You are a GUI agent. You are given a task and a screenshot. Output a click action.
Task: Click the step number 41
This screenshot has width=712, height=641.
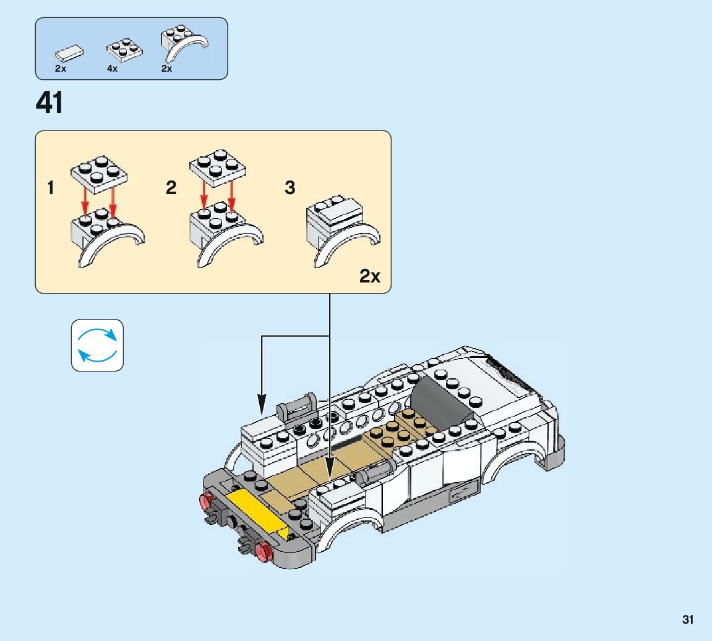tap(50, 103)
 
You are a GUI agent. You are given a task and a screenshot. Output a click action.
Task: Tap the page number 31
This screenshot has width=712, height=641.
tap(688, 619)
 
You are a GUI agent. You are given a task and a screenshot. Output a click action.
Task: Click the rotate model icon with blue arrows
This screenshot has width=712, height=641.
tap(97, 345)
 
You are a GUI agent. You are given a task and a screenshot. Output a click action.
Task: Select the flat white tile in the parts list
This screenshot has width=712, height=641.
tap(68, 53)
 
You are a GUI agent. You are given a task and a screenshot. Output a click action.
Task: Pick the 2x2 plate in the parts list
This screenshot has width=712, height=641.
tap(123, 51)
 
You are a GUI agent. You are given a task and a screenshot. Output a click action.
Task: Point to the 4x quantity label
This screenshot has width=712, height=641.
tap(112, 69)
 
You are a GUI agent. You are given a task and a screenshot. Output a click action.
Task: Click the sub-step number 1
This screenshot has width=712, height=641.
tap(51, 188)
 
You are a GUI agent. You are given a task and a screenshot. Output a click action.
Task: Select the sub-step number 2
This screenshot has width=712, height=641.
tap(171, 188)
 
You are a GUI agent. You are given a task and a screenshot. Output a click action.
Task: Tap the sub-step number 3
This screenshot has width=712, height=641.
tap(290, 188)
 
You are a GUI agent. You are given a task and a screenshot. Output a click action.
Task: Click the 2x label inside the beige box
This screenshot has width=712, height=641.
tap(370, 276)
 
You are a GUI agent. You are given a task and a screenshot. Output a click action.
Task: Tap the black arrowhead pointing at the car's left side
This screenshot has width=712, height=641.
tap(262, 409)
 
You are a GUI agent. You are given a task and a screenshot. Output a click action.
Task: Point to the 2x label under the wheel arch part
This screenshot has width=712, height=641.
tap(166, 69)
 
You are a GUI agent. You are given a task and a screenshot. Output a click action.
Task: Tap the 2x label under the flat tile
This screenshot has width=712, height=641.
tap(61, 69)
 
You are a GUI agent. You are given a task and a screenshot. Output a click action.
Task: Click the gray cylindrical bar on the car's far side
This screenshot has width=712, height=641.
tap(298, 406)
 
